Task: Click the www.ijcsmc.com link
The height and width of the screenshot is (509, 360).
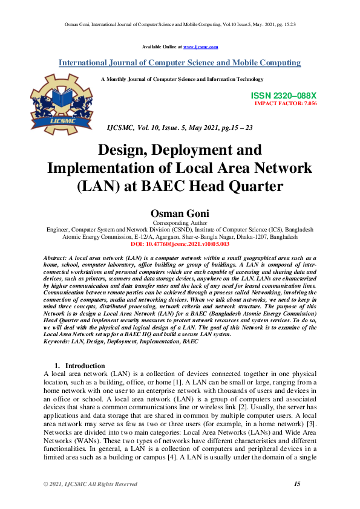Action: pyautogui.click(x=200, y=47)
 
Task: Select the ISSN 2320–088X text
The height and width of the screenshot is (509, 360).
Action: pyautogui.click(x=283, y=96)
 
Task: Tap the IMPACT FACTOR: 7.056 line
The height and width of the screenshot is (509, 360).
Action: pyautogui.click(x=286, y=103)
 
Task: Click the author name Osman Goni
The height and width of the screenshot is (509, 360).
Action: pyautogui.click(x=180, y=214)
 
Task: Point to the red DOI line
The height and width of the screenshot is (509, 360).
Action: pyautogui.click(x=180, y=244)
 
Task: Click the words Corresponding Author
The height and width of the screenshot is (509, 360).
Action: pyautogui.click(x=180, y=224)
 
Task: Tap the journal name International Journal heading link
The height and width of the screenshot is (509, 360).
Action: pyautogui.click(x=180, y=63)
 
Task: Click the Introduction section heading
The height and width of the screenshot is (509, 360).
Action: pyautogui.click(x=85, y=366)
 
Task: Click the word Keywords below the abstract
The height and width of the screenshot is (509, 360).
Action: pyautogui.click(x=58, y=342)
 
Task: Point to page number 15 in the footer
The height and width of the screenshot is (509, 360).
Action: pyautogui.click(x=297, y=484)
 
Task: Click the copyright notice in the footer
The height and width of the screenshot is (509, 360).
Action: pyautogui.click(x=90, y=484)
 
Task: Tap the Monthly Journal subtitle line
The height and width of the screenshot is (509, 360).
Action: pyautogui.click(x=182, y=79)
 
